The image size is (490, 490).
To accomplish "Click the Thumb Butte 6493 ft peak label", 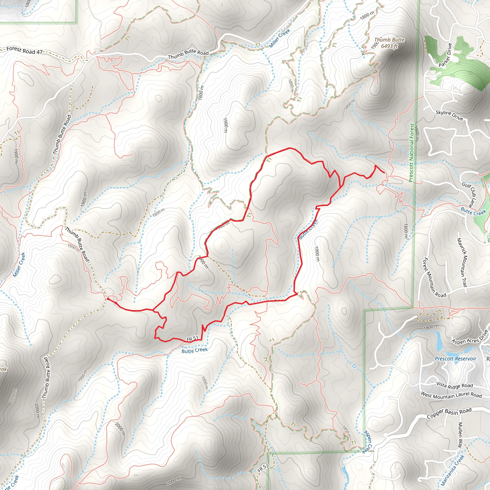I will tap(389, 43).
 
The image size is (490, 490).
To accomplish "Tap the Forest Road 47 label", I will tap(24, 50).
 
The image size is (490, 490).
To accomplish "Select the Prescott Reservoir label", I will tap(456, 359).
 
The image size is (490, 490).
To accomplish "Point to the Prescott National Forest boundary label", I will tap(412, 153).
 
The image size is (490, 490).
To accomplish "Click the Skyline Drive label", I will tap(449, 115).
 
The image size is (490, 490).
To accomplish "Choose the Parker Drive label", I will tap(445, 55).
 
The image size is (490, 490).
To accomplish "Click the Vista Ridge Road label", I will tap(455, 385).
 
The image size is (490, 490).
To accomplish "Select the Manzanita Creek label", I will tap(452, 469).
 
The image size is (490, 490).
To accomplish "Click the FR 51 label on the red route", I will tap(192, 339).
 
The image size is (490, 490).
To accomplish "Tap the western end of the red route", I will tap(108, 299).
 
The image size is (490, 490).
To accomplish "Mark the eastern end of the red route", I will tap(384, 173).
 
